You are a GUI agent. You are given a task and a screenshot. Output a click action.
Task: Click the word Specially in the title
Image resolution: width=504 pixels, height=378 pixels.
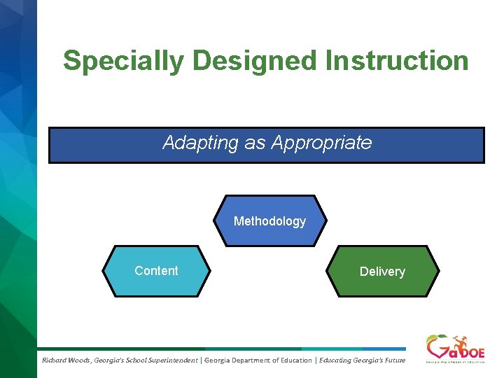(123, 61)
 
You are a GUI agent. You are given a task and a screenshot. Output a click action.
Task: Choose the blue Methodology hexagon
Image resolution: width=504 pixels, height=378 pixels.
(269, 221)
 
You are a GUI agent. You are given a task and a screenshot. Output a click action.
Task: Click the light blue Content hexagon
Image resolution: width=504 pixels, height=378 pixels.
(156, 271)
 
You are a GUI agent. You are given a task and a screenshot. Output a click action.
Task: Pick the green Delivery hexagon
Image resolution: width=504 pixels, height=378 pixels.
(382, 272)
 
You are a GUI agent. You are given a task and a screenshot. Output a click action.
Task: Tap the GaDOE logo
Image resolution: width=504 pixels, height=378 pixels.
(455, 348)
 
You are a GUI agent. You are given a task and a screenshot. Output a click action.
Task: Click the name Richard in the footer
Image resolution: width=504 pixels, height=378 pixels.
(54, 360)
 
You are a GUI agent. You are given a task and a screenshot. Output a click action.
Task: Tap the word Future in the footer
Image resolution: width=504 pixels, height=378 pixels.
(393, 360)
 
